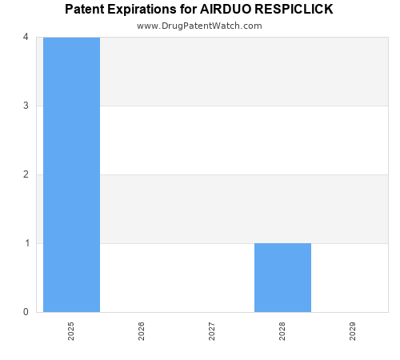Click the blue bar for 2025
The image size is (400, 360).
pos(71,174)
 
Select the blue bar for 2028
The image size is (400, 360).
pos(282,278)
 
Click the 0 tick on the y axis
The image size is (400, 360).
pos(26,312)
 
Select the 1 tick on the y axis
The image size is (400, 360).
pos(26,243)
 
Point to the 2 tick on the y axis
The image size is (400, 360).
pos(26,174)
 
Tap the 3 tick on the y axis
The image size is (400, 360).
pos(26,106)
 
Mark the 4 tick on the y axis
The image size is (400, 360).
pos(26,37)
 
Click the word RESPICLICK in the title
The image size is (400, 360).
pos(294,10)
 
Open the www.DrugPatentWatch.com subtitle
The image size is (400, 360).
pos(199,26)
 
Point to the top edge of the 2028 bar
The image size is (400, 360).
pos(282,243)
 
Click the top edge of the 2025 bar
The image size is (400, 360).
pos(71,38)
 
